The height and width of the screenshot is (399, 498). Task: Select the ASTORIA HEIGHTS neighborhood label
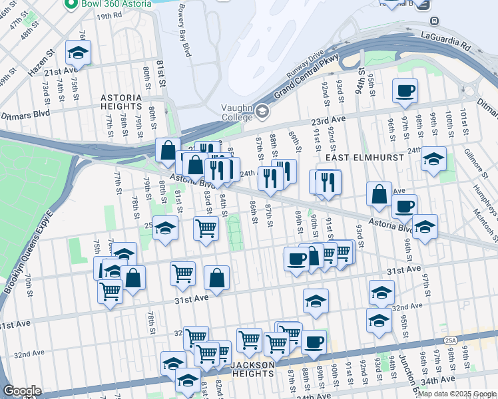pyautogui.click(x=121, y=101)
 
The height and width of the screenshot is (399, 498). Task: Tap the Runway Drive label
pyautogui.click(x=306, y=65)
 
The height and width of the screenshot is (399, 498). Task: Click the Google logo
pyautogui.click(x=23, y=390)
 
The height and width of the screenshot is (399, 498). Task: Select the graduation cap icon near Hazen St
pyautogui.click(x=78, y=52)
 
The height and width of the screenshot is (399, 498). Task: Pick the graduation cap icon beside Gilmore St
pyautogui.click(x=433, y=159)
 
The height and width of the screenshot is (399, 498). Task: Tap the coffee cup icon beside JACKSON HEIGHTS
pyautogui.click(x=314, y=342)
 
